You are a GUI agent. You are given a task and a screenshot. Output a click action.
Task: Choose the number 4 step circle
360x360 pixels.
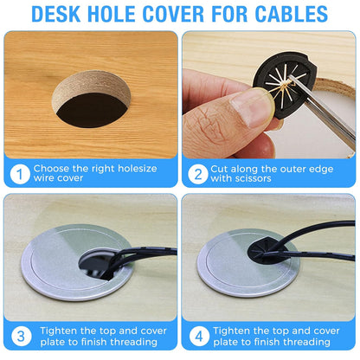(x=198, y=335)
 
